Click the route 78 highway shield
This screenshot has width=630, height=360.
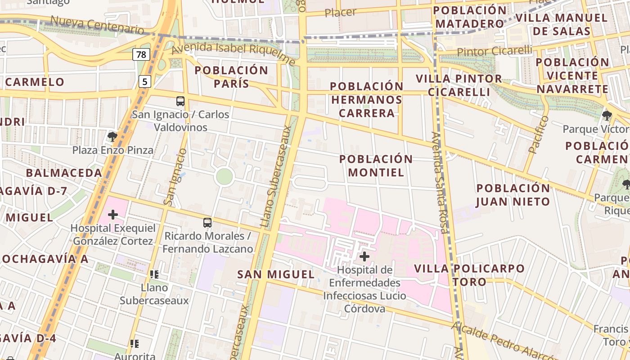[x=141, y=55]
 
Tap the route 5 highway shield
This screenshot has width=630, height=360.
[x=145, y=81]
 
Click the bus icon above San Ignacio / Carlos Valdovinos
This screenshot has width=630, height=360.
[x=180, y=101]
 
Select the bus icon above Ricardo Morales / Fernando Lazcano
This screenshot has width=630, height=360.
[x=207, y=223]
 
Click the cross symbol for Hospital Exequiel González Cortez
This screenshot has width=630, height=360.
[x=113, y=215]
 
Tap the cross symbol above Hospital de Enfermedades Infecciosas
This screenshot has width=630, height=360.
[x=364, y=257]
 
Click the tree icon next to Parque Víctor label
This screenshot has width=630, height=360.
[x=607, y=116]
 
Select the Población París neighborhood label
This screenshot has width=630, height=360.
[x=231, y=77]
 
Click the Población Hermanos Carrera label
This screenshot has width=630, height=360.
[x=367, y=99]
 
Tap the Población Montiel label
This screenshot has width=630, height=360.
[x=376, y=166]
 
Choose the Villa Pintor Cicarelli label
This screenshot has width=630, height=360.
[x=459, y=85]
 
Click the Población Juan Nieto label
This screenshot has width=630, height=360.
[x=513, y=195]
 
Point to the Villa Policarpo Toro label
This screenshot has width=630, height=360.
[x=469, y=275]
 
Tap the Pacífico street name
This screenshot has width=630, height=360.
[x=539, y=135]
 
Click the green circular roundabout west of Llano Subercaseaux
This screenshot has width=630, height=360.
[x=224, y=177]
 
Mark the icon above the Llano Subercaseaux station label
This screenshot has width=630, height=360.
[x=154, y=274]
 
